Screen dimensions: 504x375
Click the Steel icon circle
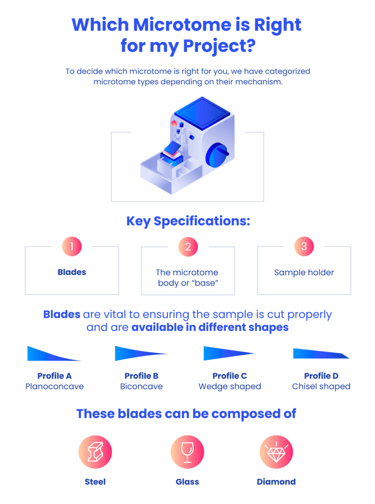pyautogui.click(x=95, y=452)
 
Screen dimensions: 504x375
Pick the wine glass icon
pyautogui.click(x=187, y=452)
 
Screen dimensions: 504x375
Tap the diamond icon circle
pyautogui.click(x=277, y=452)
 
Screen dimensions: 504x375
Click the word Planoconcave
pyautogui.click(x=55, y=387)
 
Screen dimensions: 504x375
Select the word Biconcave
pyautogui.click(x=142, y=387)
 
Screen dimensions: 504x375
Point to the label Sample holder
pyautogui.click(x=304, y=272)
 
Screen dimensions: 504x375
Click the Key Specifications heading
pyautogui.click(x=187, y=221)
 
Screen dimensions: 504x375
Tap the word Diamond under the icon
pyautogui.click(x=277, y=481)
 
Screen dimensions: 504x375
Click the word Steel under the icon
pyautogui.click(x=95, y=481)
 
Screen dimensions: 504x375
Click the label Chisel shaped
pyautogui.click(x=321, y=387)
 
